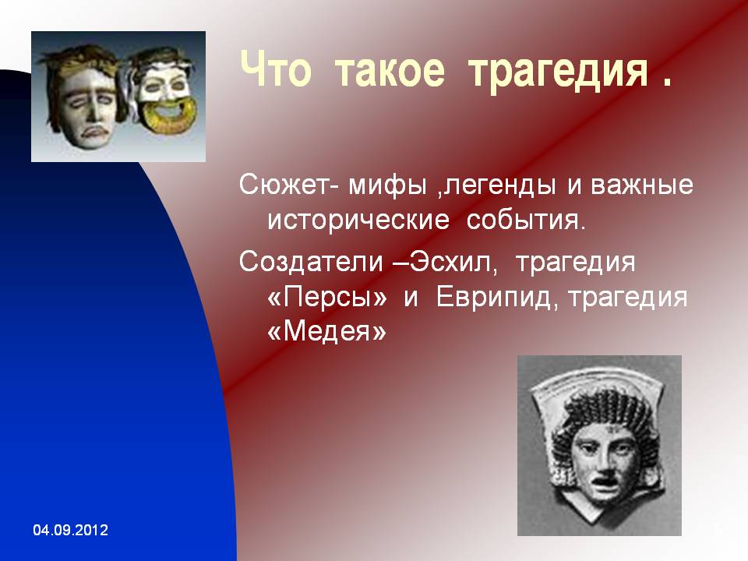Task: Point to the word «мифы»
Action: (387, 186)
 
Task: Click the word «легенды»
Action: (499, 186)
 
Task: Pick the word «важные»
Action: (642, 185)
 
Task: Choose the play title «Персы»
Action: (327, 298)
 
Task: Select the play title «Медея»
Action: (326, 332)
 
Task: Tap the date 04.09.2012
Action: (71, 530)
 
